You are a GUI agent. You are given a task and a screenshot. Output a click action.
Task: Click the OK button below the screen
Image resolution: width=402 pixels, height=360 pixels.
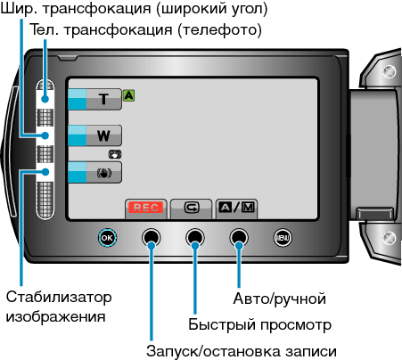107,238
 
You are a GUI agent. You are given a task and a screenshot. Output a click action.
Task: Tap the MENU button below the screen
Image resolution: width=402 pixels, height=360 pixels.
283,238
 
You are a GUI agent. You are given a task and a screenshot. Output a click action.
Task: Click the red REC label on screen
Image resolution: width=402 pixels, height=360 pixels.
146,208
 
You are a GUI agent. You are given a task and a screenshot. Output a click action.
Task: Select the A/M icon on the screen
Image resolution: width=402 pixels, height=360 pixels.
236,207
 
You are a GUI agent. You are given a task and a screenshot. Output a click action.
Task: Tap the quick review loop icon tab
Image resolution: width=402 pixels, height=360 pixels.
192,209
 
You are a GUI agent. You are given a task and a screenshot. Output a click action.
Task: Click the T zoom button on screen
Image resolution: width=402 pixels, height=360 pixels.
94,99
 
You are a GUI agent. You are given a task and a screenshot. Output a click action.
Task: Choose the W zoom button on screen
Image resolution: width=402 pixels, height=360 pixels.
94,135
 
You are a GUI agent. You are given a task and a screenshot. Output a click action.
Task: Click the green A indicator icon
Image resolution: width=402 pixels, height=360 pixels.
128,95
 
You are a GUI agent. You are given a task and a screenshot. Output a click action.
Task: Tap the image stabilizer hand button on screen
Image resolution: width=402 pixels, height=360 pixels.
94,172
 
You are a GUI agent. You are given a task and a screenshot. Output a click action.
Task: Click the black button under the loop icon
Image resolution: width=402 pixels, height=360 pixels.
195,238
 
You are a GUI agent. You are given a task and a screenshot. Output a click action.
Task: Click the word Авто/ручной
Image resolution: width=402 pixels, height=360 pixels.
279,299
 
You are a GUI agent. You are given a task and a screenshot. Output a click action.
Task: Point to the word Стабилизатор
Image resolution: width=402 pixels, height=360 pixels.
59,297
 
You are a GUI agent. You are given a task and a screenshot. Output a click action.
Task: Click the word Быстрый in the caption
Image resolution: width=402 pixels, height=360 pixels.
222,324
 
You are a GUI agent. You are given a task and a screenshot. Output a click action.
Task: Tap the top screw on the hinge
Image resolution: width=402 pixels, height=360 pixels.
390,71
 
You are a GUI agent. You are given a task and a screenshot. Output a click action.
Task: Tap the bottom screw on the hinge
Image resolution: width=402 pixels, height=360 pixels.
390,238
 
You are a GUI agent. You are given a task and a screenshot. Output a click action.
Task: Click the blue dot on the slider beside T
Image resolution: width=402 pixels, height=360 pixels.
45,99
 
